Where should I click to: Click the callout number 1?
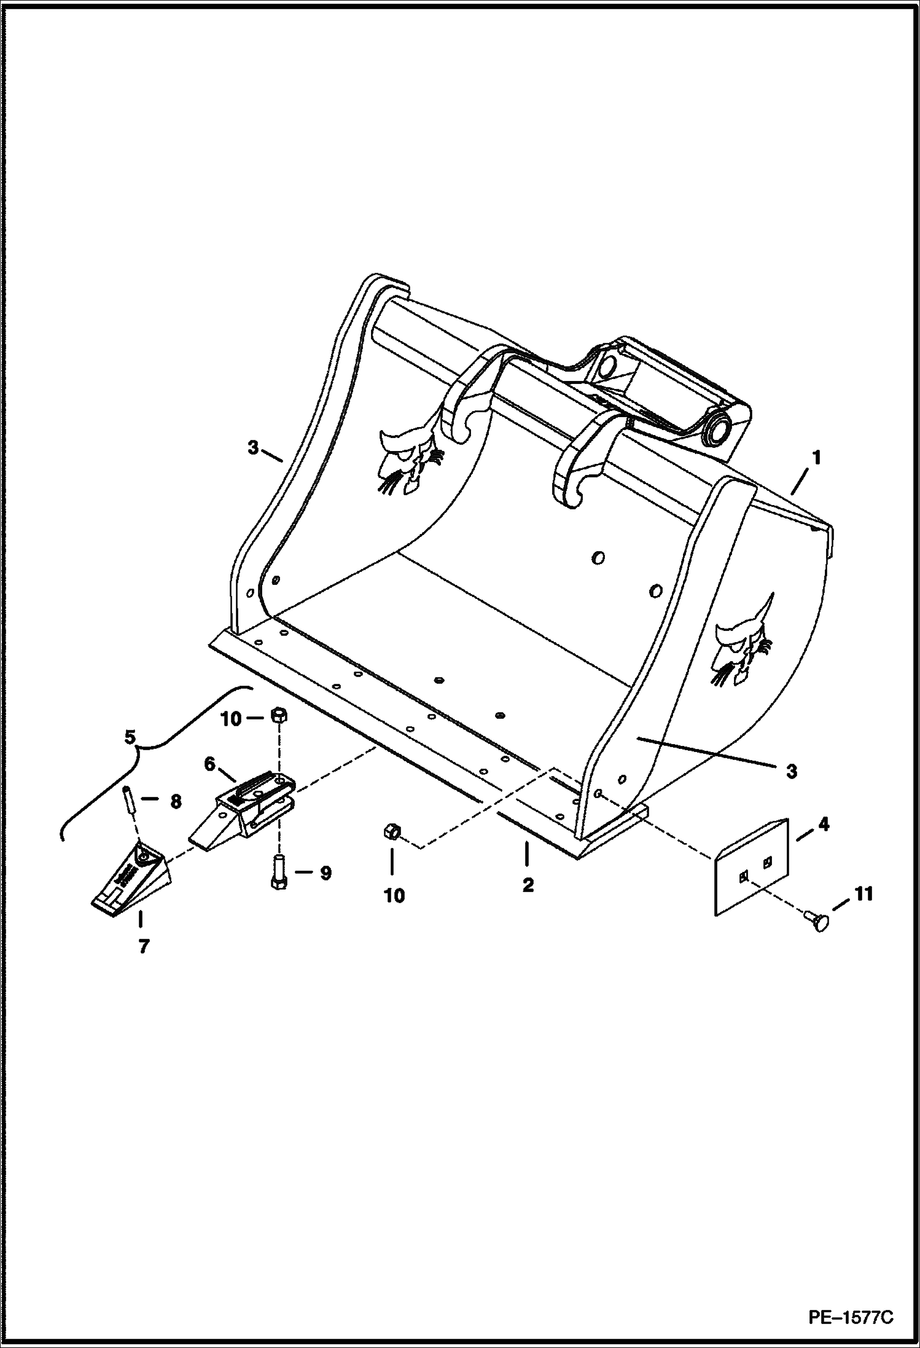tap(816, 458)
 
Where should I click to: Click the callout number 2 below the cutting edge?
tap(528, 885)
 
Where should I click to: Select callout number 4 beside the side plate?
tap(823, 825)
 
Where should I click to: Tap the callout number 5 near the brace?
tap(130, 737)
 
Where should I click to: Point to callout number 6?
tap(210, 764)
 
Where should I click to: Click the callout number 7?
tap(143, 947)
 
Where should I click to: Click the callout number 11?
tap(863, 894)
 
